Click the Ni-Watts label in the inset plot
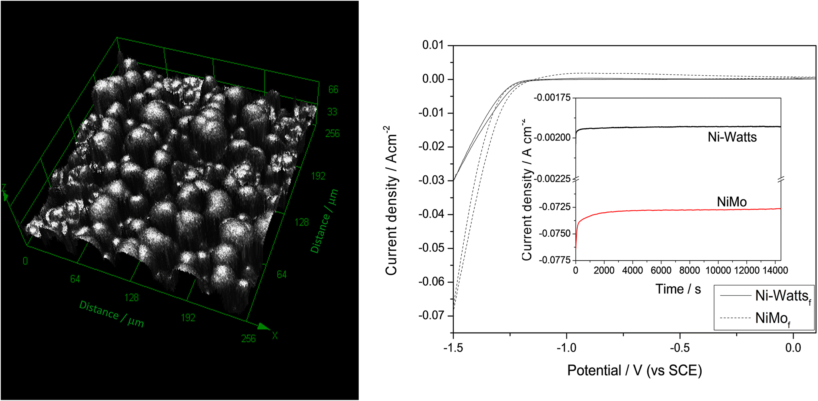732,137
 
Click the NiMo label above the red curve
731,202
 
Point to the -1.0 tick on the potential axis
566,348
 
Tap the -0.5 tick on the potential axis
680,348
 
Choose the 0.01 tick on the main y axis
433,45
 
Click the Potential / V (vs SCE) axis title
634,370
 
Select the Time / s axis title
678,289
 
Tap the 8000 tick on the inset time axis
689,270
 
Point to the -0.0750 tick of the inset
555,234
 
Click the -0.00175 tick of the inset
552,97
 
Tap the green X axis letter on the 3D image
275,335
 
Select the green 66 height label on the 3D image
333,89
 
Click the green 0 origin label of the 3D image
25,261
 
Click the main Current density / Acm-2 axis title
391,200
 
